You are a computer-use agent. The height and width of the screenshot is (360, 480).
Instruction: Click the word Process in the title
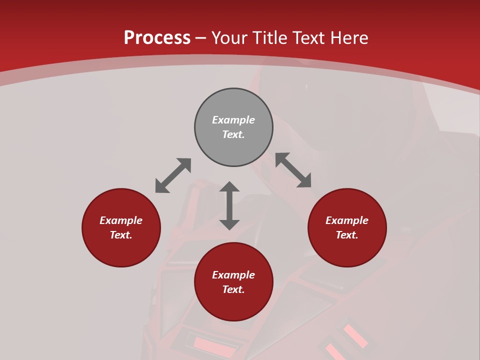tap(157, 38)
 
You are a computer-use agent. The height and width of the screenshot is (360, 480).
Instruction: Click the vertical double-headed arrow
tap(229, 205)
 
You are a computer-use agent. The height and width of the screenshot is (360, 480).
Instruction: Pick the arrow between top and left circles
tap(173, 175)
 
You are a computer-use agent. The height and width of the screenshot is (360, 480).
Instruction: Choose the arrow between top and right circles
tap(293, 170)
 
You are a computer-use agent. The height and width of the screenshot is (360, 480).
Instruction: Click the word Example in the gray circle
tap(233, 120)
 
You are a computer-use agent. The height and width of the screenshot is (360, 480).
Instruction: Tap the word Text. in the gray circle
tap(233, 134)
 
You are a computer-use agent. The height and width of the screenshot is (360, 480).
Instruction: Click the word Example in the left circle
tap(121, 220)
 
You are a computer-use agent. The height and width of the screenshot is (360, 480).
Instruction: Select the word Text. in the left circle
tap(121, 235)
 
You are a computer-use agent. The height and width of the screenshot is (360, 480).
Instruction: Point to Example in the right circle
tap(347, 220)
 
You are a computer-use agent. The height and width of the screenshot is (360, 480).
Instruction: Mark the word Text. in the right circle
tap(347, 235)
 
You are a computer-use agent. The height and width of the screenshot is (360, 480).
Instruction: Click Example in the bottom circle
tap(233, 275)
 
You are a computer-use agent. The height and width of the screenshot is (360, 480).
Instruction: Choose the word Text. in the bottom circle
tap(233, 289)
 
